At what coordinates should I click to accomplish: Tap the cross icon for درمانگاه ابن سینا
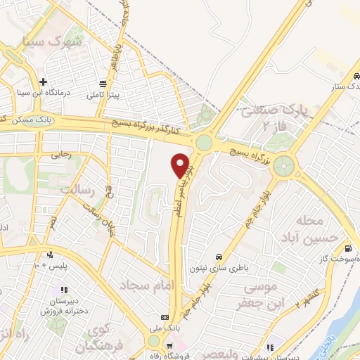pyautogui.click(x=44, y=82)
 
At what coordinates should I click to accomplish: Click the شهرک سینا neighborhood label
pyautogui.click(x=53, y=41)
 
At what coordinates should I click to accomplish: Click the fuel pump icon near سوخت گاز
pyautogui.click(x=349, y=248)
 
